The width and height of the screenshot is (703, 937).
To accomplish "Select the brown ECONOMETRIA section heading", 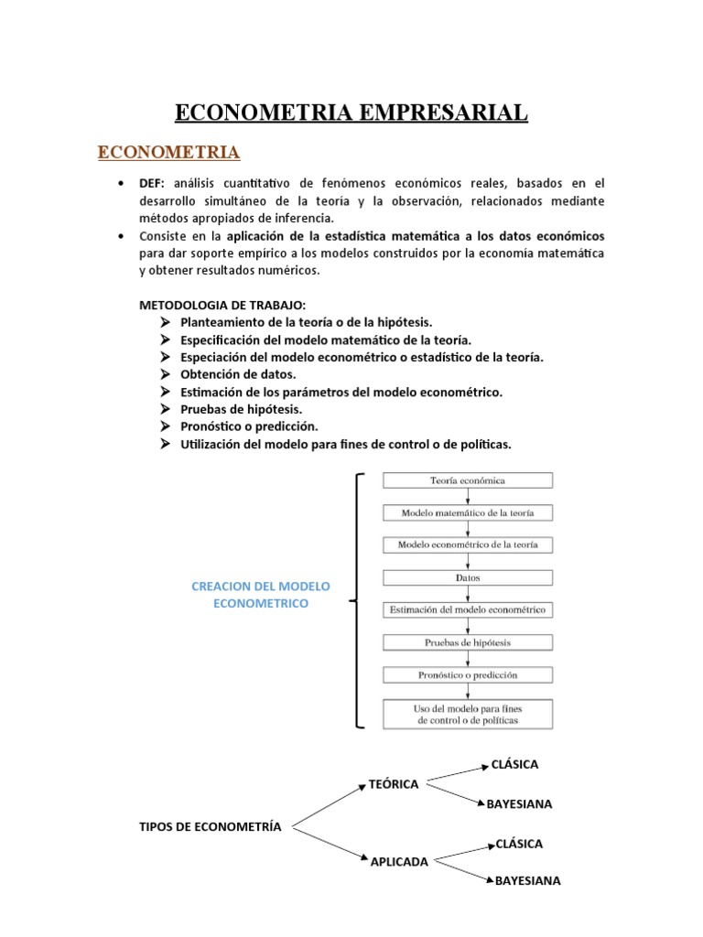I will tap(168, 151).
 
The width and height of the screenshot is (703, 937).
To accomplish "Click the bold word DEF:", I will tap(152, 184).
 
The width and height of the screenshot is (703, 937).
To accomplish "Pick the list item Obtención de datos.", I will tap(238, 374).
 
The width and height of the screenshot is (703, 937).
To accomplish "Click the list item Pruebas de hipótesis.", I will tap(241, 409).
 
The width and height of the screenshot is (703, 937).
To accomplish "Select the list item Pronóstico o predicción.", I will tap(249, 426).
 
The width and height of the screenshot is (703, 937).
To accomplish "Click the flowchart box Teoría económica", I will tap(467, 480).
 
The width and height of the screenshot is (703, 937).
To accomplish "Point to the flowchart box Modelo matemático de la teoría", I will tap(467, 512).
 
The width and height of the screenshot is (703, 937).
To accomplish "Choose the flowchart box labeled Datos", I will tap(467, 577).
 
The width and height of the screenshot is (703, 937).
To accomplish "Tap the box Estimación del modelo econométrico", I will tap(467, 609).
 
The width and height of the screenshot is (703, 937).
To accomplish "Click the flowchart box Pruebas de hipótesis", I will tap(467, 642).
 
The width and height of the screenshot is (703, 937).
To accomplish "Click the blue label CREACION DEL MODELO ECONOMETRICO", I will tap(261, 595).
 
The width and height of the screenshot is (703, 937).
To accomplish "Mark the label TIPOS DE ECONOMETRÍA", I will tap(210, 826).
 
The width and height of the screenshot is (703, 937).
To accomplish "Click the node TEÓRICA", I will tap(393, 784).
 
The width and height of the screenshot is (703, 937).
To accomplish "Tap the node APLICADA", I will tap(399, 861).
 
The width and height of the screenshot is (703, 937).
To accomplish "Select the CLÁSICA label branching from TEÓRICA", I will tap(514, 764).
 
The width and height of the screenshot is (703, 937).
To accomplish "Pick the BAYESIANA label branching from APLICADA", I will tap(528, 881).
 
